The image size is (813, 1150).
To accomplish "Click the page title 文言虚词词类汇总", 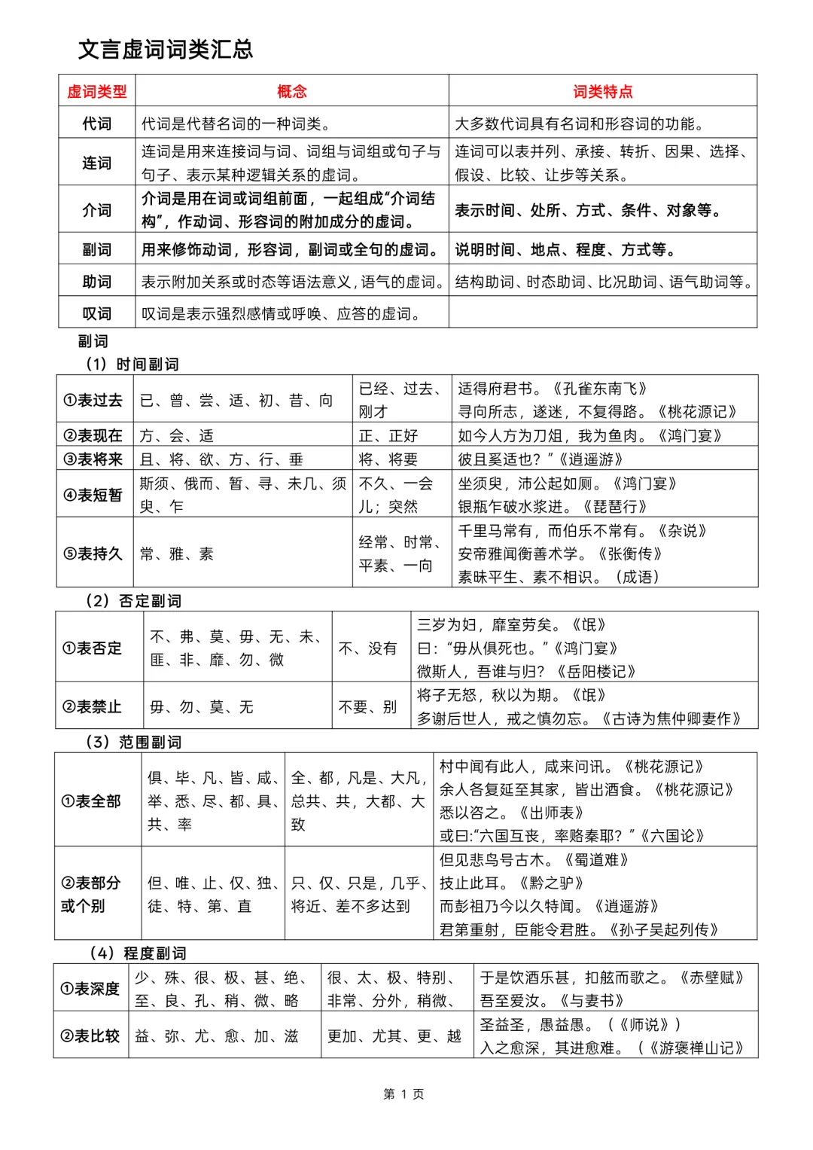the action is pyautogui.click(x=166, y=50).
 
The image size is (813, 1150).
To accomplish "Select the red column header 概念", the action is pyautogui.click(x=292, y=92).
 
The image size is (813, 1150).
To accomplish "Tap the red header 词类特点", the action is pyautogui.click(x=602, y=92).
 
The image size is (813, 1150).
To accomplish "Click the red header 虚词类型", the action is pyautogui.click(x=97, y=92).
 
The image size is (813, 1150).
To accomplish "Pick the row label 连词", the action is pyautogui.click(x=97, y=163).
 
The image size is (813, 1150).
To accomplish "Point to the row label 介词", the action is pyautogui.click(x=97, y=210).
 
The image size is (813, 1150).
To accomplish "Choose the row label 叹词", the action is pyautogui.click(x=97, y=313).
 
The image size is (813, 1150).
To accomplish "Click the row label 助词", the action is pyautogui.click(x=97, y=282).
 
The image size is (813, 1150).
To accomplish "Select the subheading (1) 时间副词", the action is pyautogui.click(x=132, y=365).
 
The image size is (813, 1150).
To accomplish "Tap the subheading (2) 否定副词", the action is pyautogui.click(x=133, y=601).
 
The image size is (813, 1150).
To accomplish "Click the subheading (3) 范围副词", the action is pyautogui.click(x=133, y=742).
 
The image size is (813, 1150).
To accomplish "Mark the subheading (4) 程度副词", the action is pyautogui.click(x=138, y=953).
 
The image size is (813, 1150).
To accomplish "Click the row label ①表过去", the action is pyautogui.click(x=93, y=400).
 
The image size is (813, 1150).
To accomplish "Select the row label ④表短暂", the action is pyautogui.click(x=93, y=495).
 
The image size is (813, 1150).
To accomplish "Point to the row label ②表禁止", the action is pyautogui.click(x=92, y=706).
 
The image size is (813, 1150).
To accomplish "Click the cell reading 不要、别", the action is pyautogui.click(x=367, y=706).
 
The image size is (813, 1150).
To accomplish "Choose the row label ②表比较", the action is pyautogui.click(x=90, y=1036).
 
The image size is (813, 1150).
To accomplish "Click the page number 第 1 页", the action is pyautogui.click(x=403, y=1094).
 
